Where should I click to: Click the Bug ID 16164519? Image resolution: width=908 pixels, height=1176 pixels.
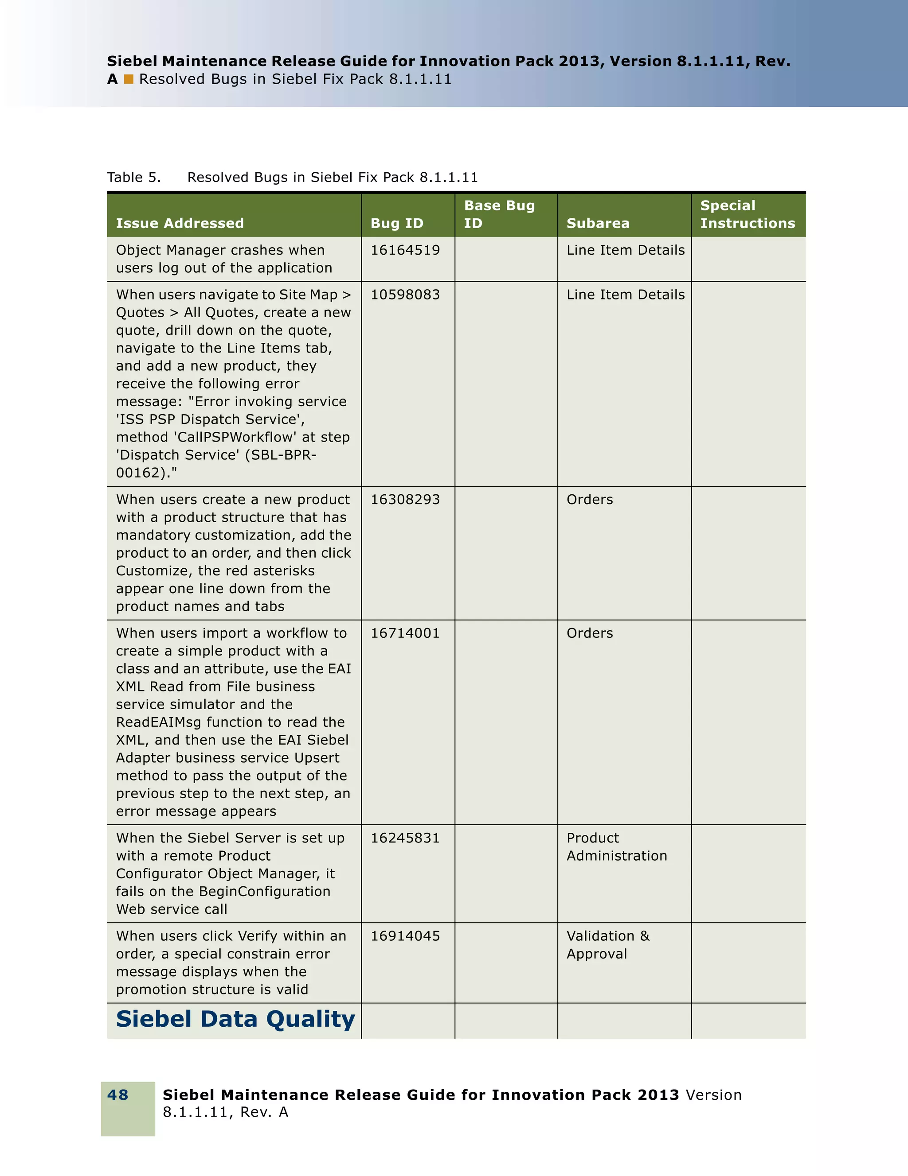[x=405, y=250]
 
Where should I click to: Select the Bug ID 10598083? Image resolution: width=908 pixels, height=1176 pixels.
[x=405, y=295]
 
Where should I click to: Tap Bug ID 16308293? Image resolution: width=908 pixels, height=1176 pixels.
[x=405, y=500]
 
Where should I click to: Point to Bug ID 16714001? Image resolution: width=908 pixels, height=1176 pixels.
[x=405, y=633]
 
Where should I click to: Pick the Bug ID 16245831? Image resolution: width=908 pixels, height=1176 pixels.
[x=405, y=838]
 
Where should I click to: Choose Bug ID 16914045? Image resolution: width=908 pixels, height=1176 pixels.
[x=405, y=936]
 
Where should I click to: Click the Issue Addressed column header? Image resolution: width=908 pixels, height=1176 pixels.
[x=180, y=223]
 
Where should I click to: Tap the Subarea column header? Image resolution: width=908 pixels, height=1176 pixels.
[x=598, y=223]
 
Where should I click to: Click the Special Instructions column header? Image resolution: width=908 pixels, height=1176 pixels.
[x=748, y=214]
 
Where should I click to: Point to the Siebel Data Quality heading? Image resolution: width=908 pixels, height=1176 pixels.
[x=235, y=1019]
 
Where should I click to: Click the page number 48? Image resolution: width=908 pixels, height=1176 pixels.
[x=118, y=1094]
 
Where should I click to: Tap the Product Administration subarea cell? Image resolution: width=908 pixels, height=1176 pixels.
[x=616, y=847]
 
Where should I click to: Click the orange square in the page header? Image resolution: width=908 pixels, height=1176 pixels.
[x=129, y=80]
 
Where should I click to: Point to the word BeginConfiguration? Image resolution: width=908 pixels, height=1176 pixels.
[x=265, y=892]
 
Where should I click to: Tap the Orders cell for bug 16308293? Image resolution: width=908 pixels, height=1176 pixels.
[x=590, y=500]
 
